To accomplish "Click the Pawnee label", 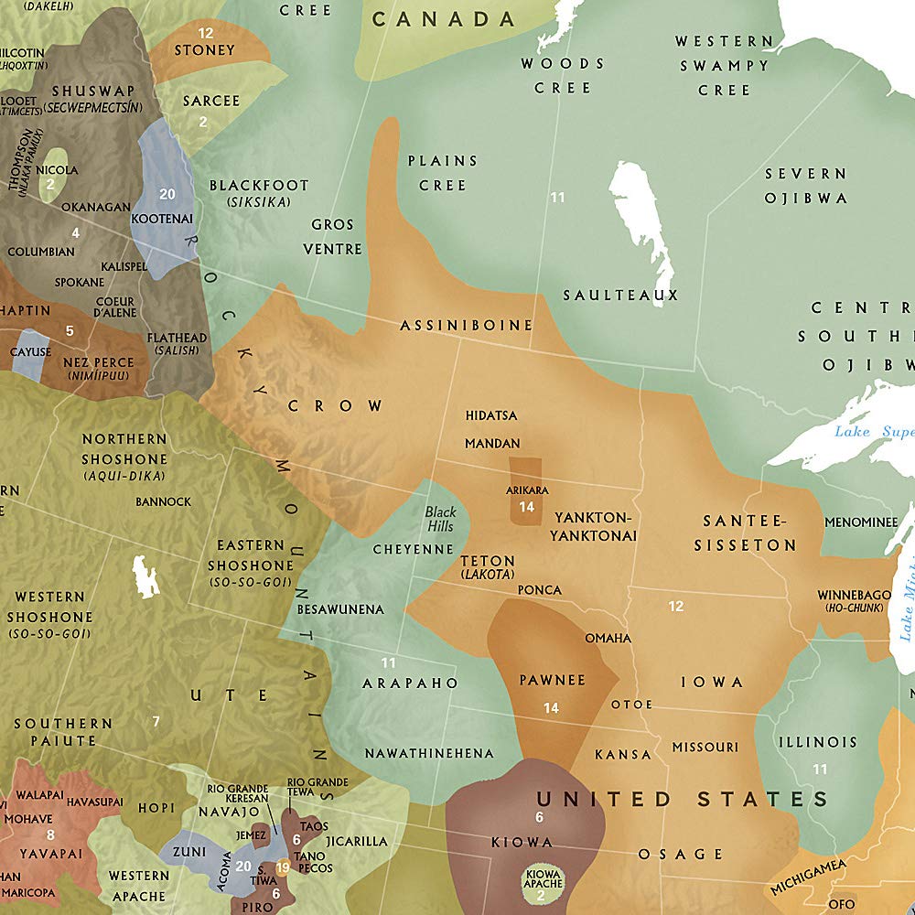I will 552,681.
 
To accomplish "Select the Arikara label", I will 526,490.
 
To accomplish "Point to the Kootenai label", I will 162,220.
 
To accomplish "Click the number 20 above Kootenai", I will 167,194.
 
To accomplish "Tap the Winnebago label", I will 854,595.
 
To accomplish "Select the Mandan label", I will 492,443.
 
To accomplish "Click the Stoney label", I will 204,49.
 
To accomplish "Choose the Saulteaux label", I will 620,295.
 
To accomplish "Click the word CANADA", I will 444,19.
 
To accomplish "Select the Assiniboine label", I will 466,325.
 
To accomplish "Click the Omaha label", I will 608,638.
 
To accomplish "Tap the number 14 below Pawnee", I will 551,707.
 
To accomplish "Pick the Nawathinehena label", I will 429,753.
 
